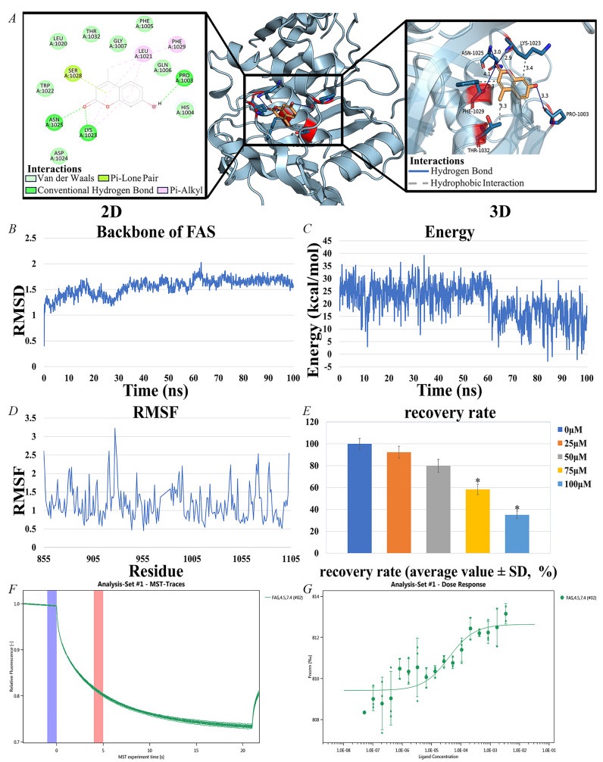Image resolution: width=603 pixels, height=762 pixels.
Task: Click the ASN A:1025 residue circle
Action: coord(52,122)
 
